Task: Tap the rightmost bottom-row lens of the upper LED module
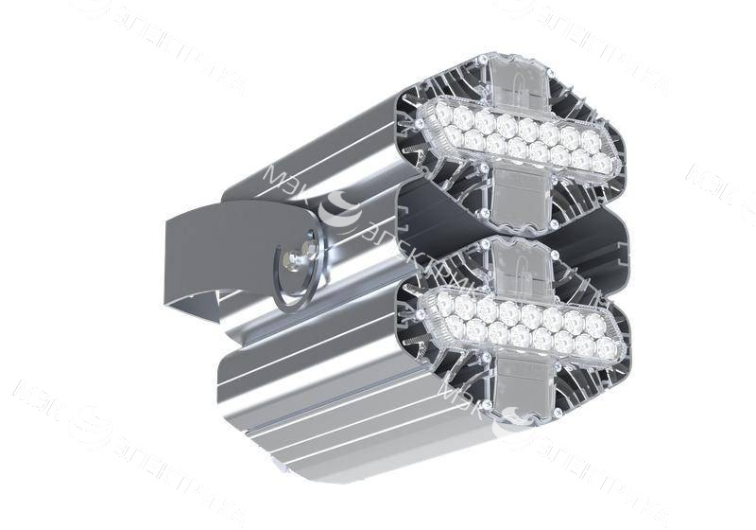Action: pyautogui.click(x=601, y=164)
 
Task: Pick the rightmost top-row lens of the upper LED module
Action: pyautogui.click(x=592, y=140)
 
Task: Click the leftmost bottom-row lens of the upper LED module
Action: pyautogui.click(x=453, y=136)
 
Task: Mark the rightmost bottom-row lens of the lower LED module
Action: pyautogui.click(x=605, y=350)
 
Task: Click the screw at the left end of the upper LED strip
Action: pyautogui.click(x=419, y=123)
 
